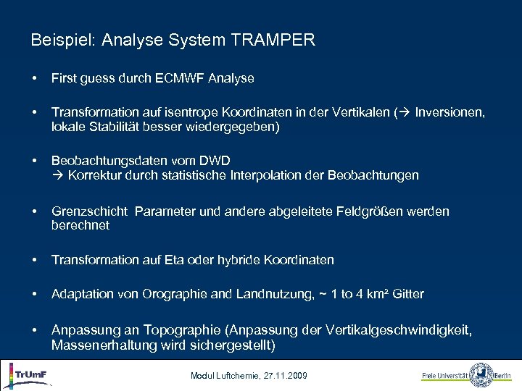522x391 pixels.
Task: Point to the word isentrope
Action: click(x=203, y=113)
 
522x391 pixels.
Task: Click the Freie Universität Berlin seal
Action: click(x=481, y=375)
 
